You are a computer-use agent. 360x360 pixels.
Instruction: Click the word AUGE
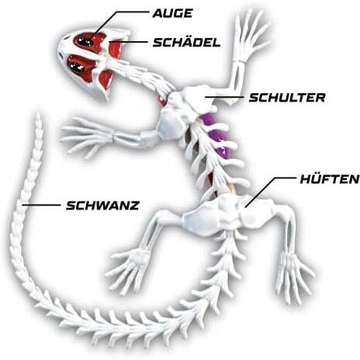[x=173, y=13]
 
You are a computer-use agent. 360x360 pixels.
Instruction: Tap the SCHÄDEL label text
[x=186, y=42]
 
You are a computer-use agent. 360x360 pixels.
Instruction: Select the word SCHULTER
[x=287, y=98]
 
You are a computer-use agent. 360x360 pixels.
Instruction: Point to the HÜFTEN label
[x=330, y=179]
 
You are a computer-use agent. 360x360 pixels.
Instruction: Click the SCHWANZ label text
[x=103, y=206]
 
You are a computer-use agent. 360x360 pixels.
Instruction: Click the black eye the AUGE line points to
[x=85, y=41]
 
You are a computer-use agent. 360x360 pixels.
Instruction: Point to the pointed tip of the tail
[x=39, y=114]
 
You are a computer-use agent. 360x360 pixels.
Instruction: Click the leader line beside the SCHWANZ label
[x=41, y=205]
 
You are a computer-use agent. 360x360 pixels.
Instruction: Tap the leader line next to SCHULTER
[x=224, y=97]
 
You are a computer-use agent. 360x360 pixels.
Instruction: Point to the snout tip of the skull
[x=59, y=49]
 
